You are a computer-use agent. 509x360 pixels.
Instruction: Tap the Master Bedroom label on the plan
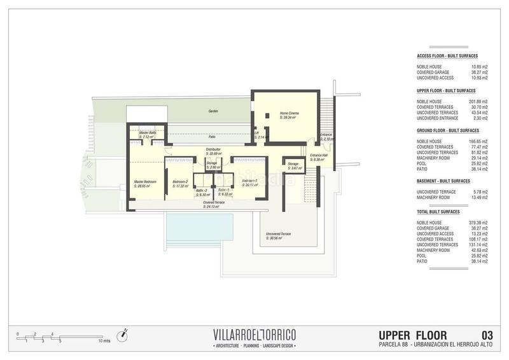[145, 182]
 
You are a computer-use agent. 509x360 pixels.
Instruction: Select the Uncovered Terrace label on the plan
[279, 234]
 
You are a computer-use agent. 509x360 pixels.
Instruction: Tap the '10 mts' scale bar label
[104, 342]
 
